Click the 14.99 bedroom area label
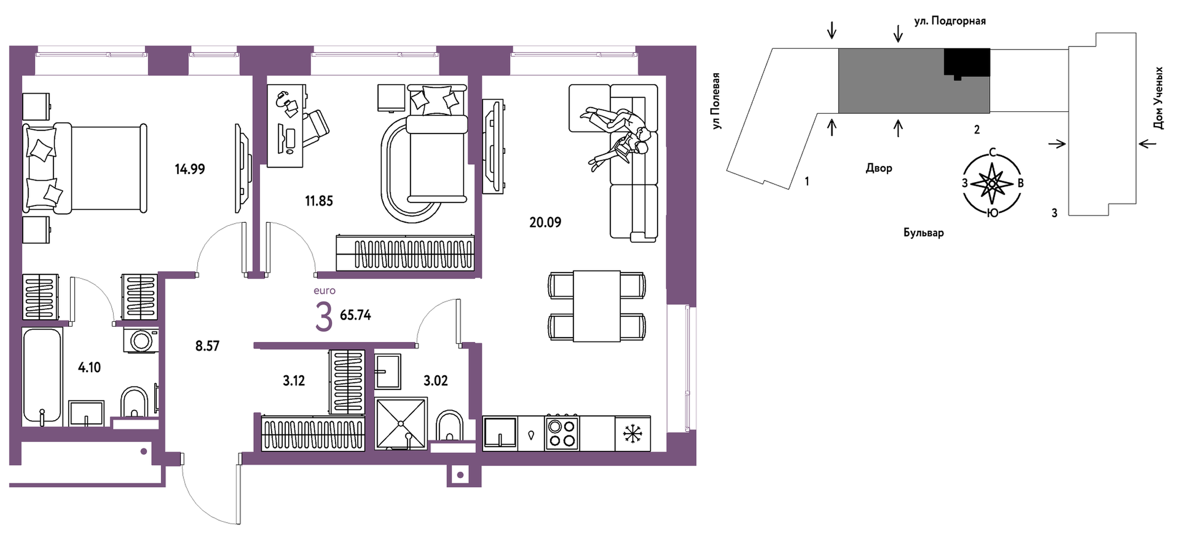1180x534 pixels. point(190,169)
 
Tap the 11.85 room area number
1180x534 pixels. point(319,201)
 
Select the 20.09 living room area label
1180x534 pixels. point(545,223)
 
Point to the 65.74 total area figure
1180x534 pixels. point(355,315)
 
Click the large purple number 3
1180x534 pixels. point(324,317)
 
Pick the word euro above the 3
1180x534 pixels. point(324,291)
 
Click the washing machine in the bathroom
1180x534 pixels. point(141,340)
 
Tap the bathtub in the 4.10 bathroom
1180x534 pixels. point(42,376)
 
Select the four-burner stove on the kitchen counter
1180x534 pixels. point(562,433)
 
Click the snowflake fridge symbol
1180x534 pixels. point(633,434)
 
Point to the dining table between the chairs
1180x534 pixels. point(597,306)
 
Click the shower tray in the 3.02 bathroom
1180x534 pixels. point(400,423)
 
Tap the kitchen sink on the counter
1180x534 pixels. point(500,433)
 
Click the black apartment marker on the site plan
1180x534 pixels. point(967,63)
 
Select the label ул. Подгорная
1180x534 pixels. point(950,21)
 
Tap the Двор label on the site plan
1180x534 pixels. point(879,168)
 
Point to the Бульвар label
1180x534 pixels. point(923,233)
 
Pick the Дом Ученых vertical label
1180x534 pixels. point(1158,98)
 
